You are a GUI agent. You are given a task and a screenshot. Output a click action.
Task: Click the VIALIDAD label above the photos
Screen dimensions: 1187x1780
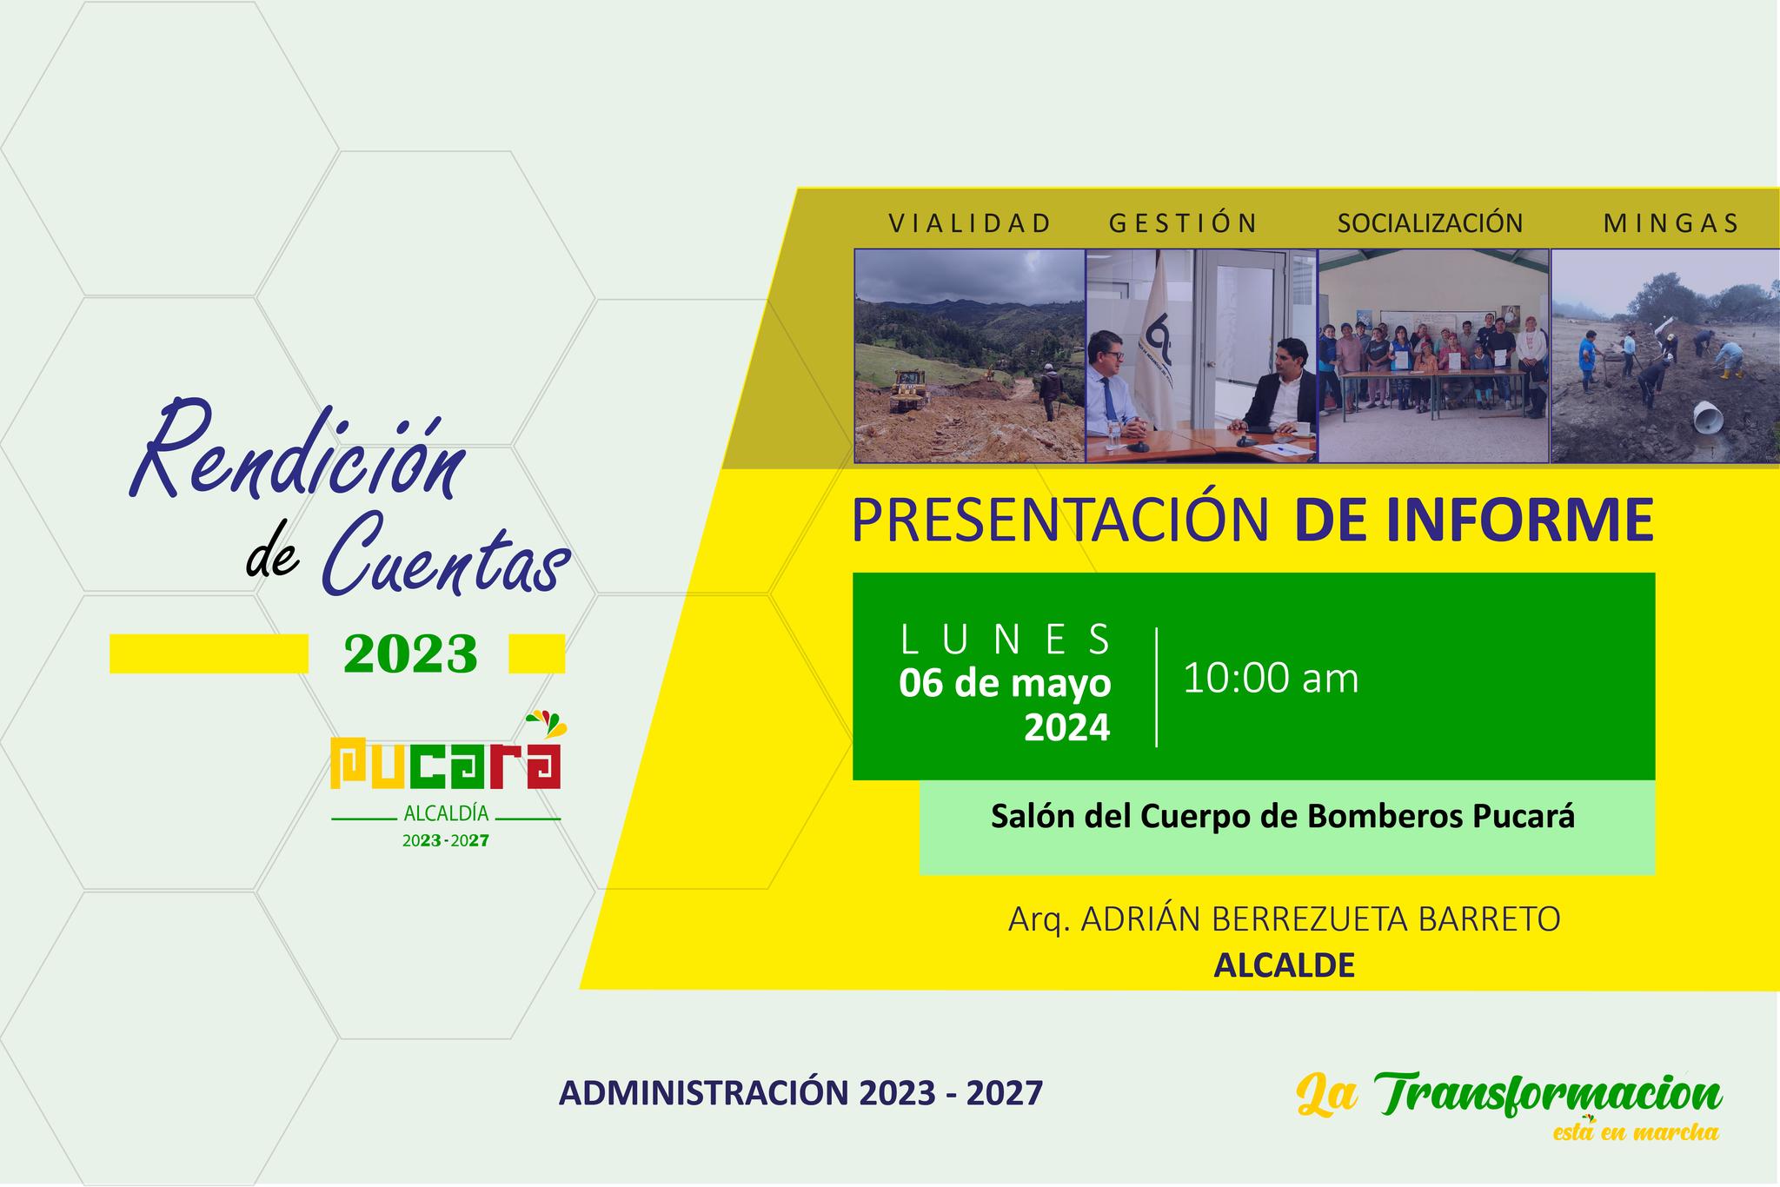pos(969,223)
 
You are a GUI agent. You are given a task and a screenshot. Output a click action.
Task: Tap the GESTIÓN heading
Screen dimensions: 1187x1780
pos(1183,223)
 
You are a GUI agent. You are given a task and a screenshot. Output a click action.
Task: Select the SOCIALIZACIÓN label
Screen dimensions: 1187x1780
pos(1430,223)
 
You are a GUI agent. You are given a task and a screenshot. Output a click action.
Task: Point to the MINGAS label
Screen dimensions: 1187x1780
pos(1670,223)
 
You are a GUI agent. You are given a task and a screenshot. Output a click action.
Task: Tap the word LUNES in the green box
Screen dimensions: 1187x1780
pos(1006,640)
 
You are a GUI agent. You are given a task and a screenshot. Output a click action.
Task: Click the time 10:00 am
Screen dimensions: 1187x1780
pos(1270,678)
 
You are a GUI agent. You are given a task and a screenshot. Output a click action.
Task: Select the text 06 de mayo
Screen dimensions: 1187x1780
pos(1005,683)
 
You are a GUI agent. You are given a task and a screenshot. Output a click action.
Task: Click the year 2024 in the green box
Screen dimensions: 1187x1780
pos(1066,727)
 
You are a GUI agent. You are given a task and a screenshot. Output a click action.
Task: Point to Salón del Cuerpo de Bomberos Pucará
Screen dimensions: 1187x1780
pos(1283,817)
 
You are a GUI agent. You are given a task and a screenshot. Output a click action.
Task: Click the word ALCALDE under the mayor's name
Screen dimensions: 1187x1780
pos(1284,966)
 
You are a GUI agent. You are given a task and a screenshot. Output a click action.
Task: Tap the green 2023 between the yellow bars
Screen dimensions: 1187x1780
pos(410,653)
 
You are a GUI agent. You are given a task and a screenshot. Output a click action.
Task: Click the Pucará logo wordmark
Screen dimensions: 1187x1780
pos(446,764)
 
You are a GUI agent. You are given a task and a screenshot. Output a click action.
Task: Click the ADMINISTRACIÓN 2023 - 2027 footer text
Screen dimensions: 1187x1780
pos(800,1093)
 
